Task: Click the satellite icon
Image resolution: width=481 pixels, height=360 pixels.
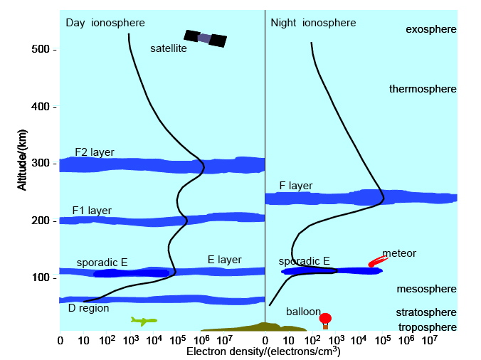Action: click(x=205, y=38)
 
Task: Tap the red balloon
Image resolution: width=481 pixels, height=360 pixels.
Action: click(x=325, y=319)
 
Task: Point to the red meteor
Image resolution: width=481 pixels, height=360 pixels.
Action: click(x=377, y=261)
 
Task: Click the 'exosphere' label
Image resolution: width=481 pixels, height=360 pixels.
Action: click(x=430, y=29)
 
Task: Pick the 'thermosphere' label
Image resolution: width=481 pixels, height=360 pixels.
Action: click(x=422, y=89)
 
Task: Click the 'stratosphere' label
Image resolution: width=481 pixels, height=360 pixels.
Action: click(x=425, y=312)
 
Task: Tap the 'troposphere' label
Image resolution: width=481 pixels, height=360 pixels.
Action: click(x=426, y=327)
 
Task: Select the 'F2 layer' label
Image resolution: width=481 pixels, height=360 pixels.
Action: click(x=95, y=152)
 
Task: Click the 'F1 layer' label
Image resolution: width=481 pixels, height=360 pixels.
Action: click(x=92, y=211)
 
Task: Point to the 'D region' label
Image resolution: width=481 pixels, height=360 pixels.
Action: click(x=88, y=308)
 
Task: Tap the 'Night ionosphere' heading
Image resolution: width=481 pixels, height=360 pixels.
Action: click(x=313, y=23)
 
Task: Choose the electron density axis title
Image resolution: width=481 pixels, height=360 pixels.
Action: click(x=263, y=351)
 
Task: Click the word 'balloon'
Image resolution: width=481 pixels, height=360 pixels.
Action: click(x=304, y=312)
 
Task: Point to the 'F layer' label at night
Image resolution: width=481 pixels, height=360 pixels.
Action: click(x=295, y=186)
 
